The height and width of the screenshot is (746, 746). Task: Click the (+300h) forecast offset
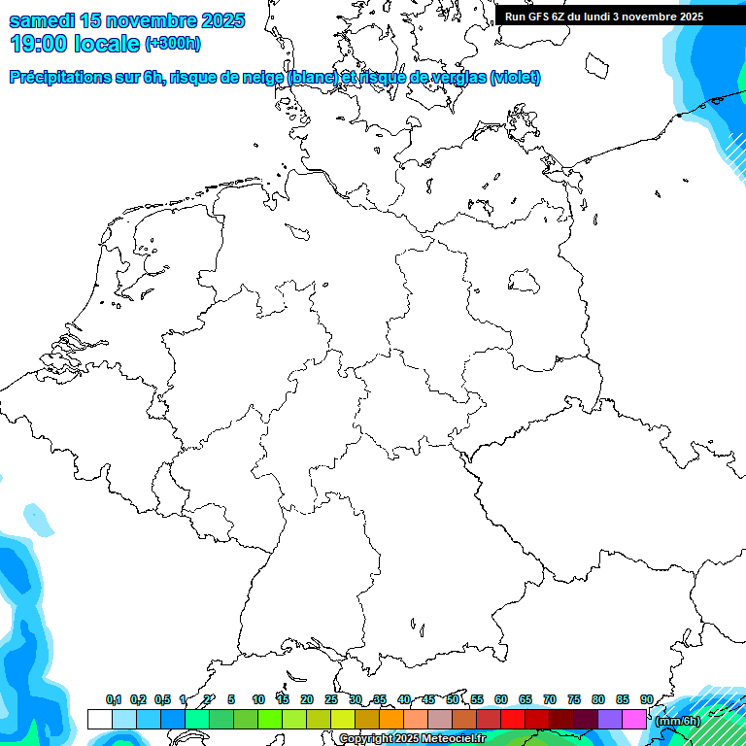[173, 44]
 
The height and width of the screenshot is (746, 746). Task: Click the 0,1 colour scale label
[114, 699]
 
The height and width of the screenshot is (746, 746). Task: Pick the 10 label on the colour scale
[258, 699]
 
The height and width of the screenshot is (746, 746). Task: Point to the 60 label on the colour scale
[501, 699]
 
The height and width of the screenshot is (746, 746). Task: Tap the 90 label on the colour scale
[647, 699]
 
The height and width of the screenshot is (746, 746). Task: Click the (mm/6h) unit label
[677, 721]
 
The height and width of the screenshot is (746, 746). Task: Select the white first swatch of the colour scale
[99, 719]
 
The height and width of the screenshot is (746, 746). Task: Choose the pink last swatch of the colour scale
[634, 719]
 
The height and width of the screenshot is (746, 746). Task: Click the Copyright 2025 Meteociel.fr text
[412, 739]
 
